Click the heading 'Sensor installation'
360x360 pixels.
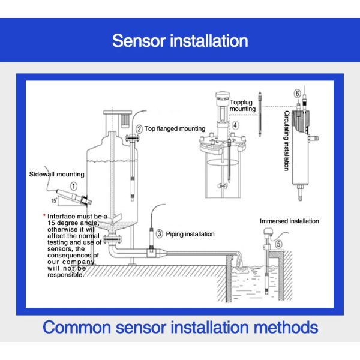pyautogui.click(x=180, y=40)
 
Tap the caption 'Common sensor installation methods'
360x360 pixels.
pyautogui.click(x=180, y=328)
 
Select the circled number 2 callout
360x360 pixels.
pyautogui.click(x=139, y=128)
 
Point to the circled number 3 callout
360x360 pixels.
pyautogui.click(x=159, y=233)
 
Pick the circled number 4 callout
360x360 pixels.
pyautogui.click(x=236, y=125)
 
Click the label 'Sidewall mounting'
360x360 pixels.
pyautogui.click(x=56, y=174)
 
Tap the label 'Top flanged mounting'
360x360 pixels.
pyautogui.click(x=175, y=128)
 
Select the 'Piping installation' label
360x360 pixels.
pyautogui.click(x=191, y=233)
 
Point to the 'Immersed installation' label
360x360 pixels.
pyautogui.click(x=289, y=221)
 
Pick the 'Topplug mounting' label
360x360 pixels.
pyautogui.click(x=243, y=106)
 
